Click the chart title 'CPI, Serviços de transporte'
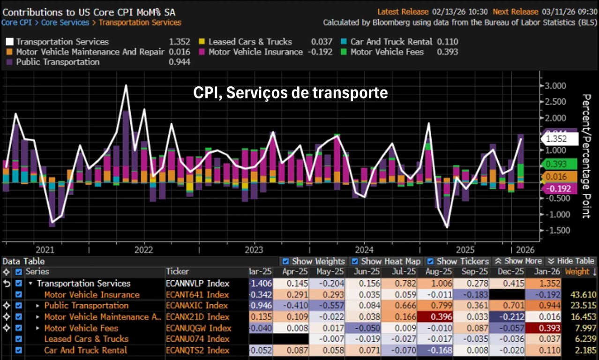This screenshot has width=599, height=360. click(x=291, y=93)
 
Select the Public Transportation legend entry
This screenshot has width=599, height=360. click(x=58, y=62)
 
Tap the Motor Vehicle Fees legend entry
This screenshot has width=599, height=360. click(x=387, y=52)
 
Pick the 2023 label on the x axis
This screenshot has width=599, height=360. click(x=254, y=250)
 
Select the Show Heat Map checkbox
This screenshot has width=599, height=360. click(x=355, y=262)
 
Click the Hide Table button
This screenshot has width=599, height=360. click(x=571, y=261)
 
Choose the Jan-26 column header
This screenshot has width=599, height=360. click(x=543, y=272)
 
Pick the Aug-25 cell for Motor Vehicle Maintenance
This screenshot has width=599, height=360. click(x=438, y=317)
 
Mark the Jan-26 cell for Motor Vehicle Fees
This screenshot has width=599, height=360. click(x=543, y=328)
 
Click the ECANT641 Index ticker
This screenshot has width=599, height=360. click(x=197, y=295)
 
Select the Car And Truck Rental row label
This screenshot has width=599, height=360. click(x=85, y=350)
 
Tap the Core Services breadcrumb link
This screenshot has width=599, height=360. click(x=65, y=22)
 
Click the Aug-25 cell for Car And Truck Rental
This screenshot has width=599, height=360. click(x=438, y=350)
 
